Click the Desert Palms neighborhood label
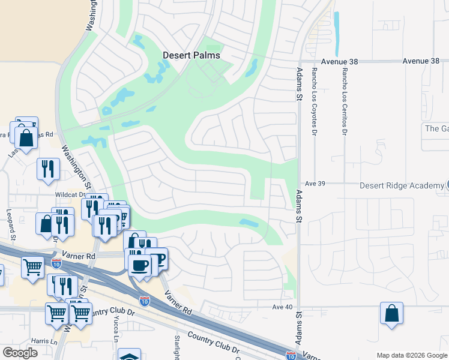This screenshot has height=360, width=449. [191, 55]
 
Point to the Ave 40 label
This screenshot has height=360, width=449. [282, 307]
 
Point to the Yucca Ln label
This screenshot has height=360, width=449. [116, 327]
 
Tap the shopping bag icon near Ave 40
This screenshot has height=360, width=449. [391, 313]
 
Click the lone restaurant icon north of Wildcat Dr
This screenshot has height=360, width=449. [48, 168]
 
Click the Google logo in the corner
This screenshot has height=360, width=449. [20, 353]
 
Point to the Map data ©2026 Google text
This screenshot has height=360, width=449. [411, 355]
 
